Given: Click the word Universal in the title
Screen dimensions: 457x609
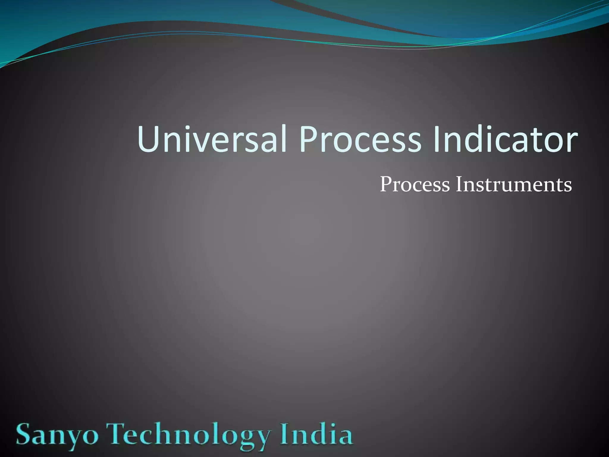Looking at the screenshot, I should coord(212,139).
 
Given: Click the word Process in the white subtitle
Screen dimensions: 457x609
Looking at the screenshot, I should coord(415,184).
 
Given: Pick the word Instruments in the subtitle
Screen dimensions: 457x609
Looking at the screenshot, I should coord(514,184).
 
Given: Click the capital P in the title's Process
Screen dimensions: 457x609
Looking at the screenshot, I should coord(310,139).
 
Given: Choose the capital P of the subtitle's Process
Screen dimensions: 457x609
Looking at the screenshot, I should coord(386,184).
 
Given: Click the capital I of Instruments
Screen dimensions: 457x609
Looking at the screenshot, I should coord(459,184).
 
